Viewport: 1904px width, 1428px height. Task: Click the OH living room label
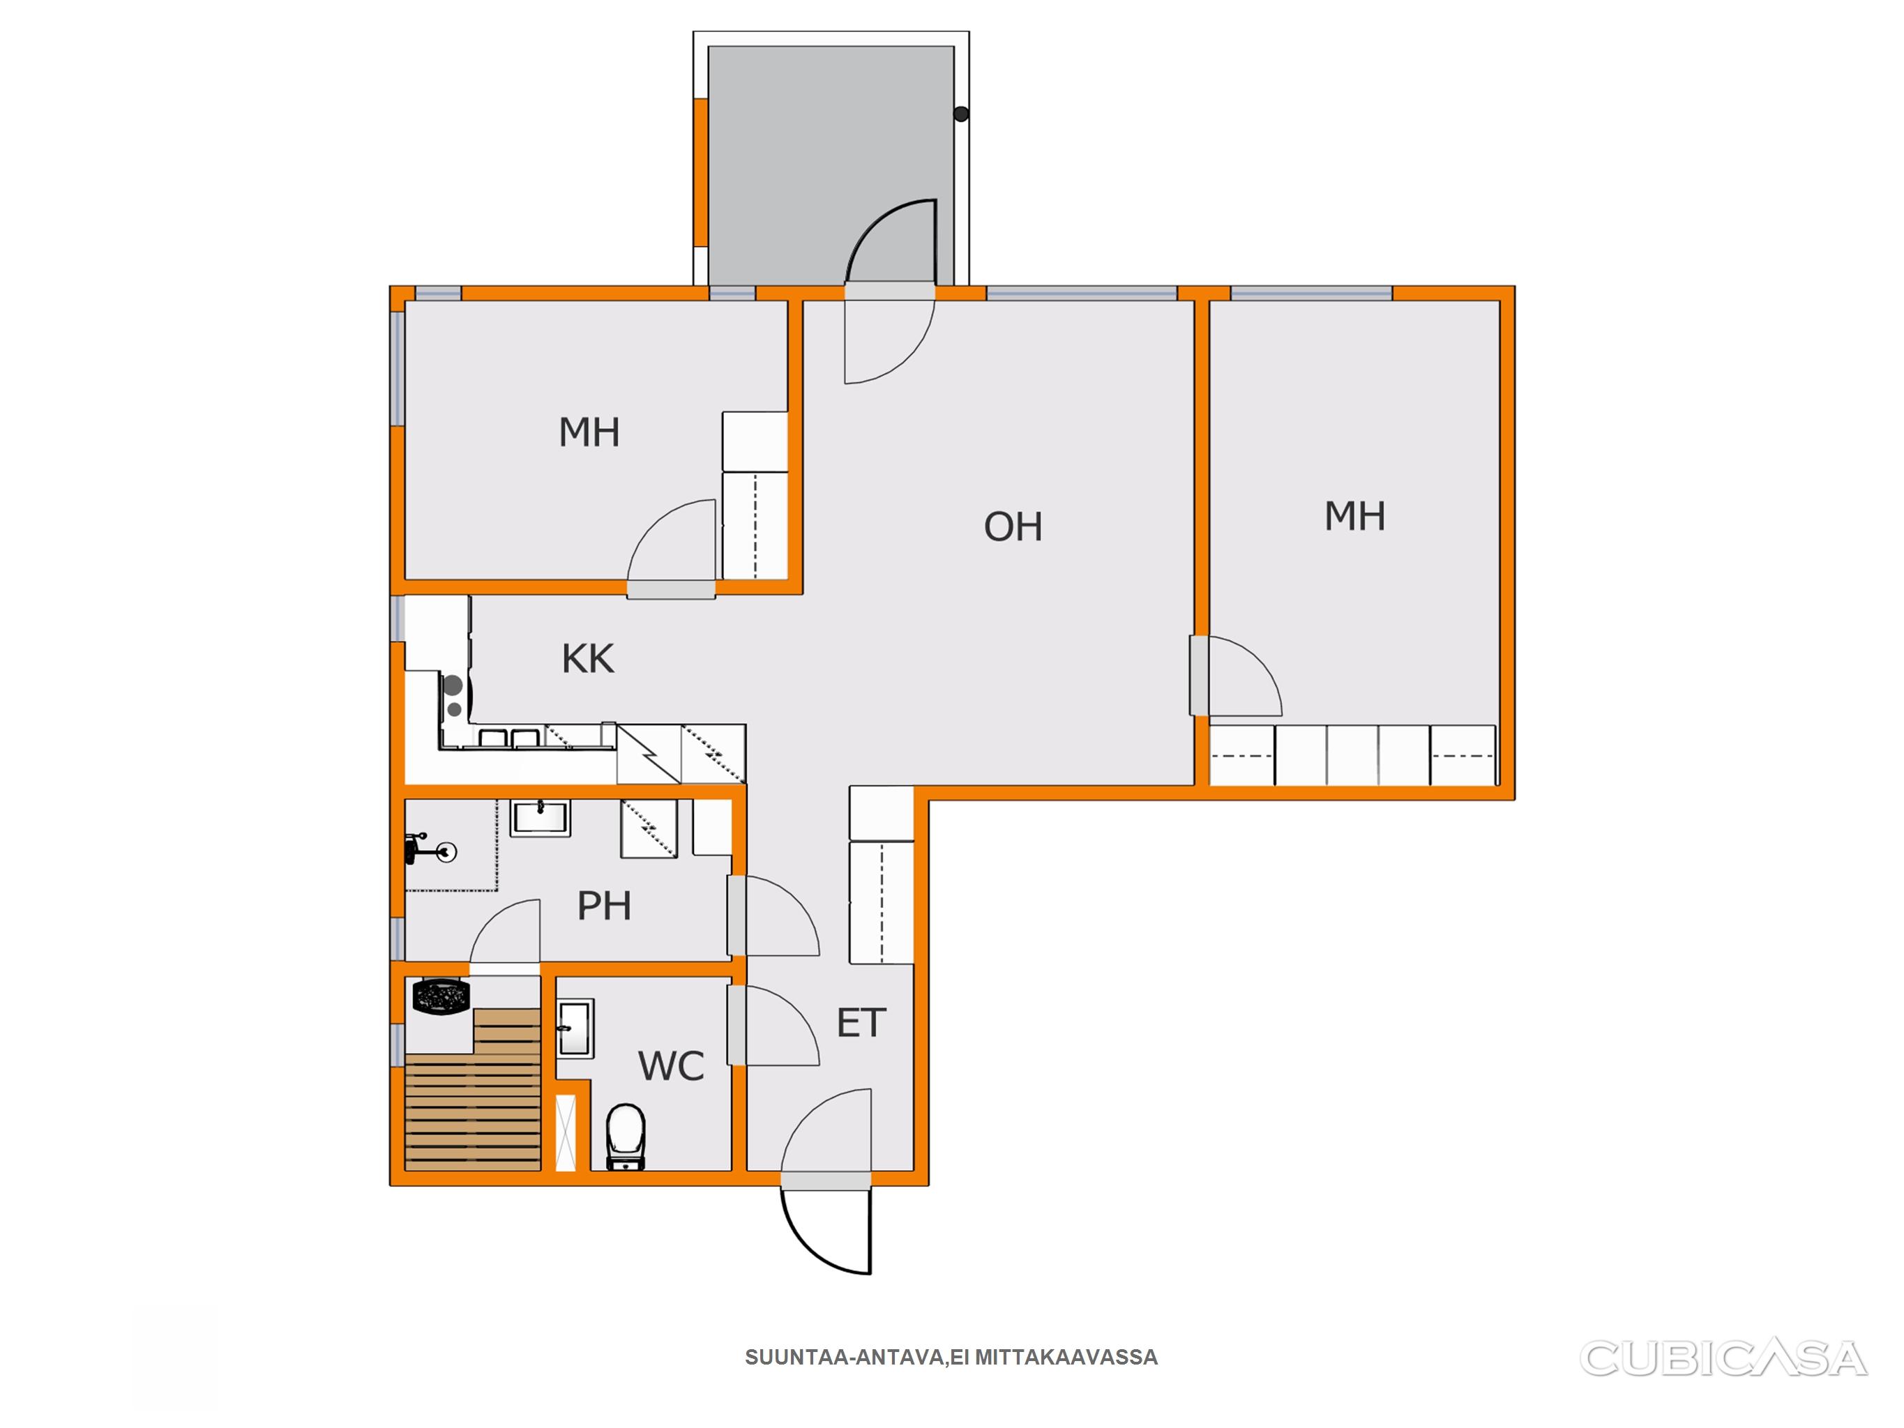click(1013, 527)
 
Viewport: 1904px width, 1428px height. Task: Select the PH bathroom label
click(604, 906)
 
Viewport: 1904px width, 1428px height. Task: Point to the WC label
click(672, 1067)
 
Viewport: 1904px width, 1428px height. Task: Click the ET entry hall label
click(861, 1023)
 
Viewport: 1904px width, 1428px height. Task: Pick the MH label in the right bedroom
click(1355, 517)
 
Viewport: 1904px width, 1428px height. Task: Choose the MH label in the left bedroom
click(589, 432)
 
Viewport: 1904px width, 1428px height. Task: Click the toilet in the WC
click(626, 1137)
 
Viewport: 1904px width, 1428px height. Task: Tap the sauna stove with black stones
click(441, 997)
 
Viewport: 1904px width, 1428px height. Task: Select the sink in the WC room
click(575, 1027)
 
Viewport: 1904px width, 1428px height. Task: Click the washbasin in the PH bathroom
click(540, 818)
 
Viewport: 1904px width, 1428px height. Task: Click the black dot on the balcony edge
click(962, 114)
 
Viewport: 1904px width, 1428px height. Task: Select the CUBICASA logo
click(1723, 1358)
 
